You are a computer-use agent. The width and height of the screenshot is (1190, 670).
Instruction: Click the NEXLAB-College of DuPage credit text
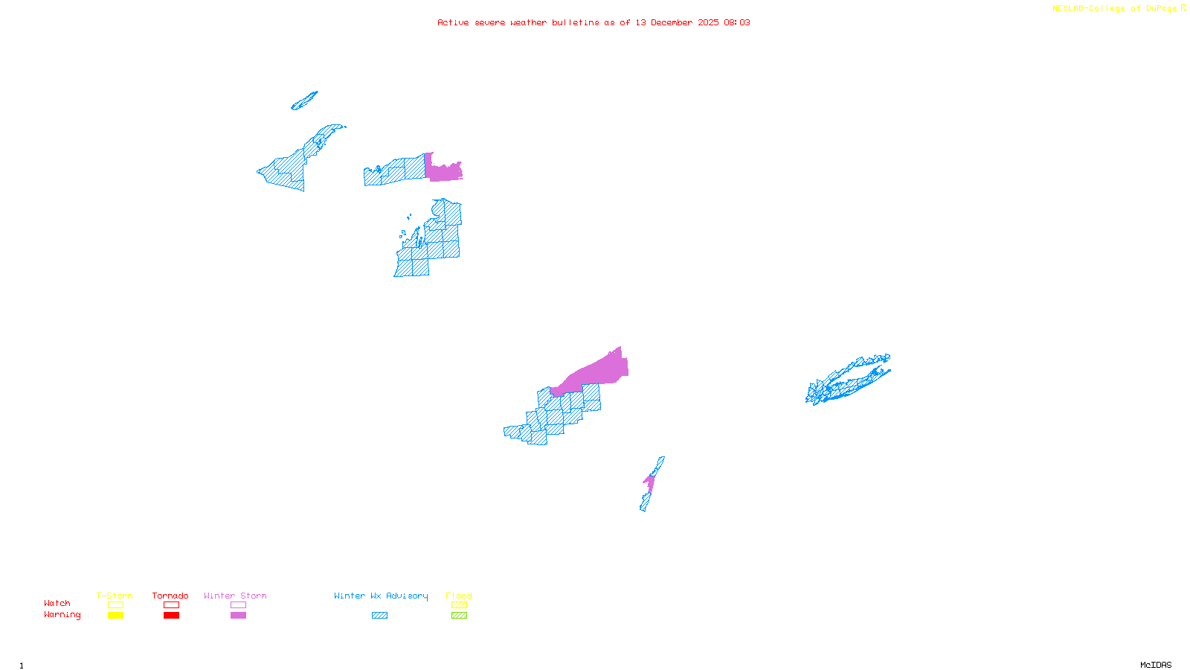1115,9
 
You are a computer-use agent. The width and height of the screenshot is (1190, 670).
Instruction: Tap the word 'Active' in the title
453,22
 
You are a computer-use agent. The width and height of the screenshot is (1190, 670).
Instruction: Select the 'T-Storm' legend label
115,596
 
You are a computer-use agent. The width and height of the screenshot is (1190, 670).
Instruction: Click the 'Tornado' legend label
170,596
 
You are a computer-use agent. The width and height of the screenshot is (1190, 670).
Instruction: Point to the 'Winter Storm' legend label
235,596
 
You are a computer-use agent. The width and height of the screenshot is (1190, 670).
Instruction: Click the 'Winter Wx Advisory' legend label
381,596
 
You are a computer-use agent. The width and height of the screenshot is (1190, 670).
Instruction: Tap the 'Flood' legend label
459,596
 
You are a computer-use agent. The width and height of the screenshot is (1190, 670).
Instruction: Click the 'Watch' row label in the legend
57,603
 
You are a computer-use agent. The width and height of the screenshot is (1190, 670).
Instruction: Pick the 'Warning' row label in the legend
62,615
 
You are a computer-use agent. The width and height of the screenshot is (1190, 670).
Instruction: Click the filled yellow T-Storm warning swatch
115,616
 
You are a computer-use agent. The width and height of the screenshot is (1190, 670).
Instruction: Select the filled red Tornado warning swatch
171,616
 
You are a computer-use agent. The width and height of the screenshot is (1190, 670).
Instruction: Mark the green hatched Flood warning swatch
459,616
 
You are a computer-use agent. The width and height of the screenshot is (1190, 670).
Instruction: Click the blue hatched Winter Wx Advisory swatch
379,616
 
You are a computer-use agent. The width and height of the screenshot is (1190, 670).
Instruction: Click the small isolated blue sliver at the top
304,101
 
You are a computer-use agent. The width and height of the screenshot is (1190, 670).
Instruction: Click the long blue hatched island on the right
848,380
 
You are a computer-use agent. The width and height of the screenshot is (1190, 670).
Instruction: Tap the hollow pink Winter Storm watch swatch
238,605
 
